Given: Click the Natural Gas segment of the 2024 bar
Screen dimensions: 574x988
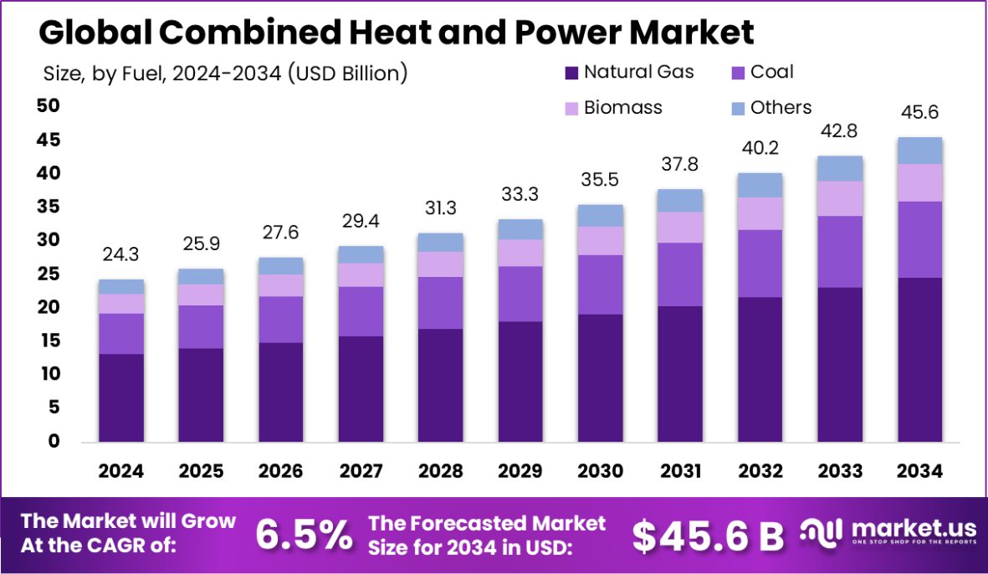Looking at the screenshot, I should pos(121,397).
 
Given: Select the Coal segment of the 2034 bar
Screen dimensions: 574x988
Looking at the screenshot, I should pos(920,239).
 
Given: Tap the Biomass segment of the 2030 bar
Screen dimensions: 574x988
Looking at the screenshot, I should pos(601,241).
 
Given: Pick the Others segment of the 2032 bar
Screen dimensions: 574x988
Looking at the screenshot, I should pos(760,185).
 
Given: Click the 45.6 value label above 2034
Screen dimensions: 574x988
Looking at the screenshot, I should pos(920,112).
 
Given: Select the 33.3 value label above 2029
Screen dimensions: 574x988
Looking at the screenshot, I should pos(521,195).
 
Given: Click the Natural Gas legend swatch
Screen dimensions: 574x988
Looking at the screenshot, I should pos(572,73).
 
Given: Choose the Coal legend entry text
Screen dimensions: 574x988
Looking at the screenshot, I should pos(772,72).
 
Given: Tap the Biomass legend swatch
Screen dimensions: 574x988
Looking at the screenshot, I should pos(572,108).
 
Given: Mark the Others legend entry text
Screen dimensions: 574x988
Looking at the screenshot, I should pos(781,107).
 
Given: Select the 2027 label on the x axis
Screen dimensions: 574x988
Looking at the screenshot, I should pos(361,471).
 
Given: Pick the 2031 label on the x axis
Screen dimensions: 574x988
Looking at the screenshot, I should pos(681,471).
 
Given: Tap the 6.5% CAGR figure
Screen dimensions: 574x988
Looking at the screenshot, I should pos(304,536).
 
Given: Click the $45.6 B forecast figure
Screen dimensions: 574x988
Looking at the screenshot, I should pos(708,536).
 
